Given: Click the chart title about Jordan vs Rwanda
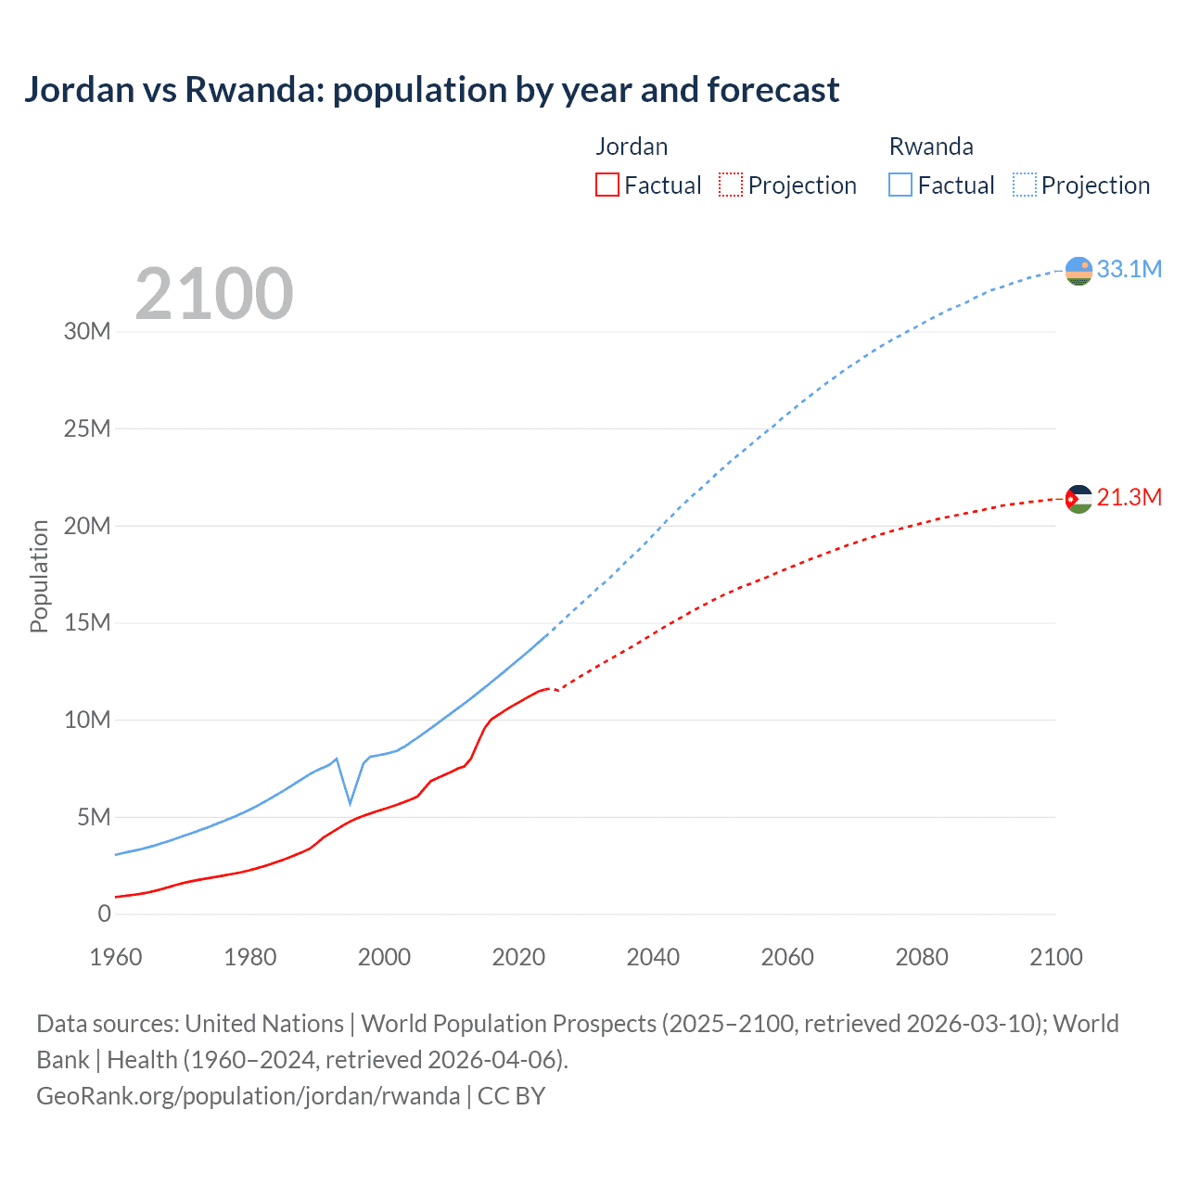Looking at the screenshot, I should click(x=431, y=90).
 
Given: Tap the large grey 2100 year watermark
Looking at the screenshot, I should click(x=214, y=294).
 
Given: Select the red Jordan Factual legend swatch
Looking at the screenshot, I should click(x=606, y=185).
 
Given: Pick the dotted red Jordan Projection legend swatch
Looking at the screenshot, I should click(x=731, y=185).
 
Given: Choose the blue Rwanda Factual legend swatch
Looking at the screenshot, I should click(x=900, y=185).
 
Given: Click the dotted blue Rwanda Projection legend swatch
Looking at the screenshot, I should click(x=1025, y=185).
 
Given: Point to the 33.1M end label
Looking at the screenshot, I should click(x=1129, y=269).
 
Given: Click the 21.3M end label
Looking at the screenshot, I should click(x=1129, y=498).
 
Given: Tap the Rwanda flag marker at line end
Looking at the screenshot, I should click(x=1079, y=271).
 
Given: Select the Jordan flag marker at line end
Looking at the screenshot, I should click(x=1079, y=499).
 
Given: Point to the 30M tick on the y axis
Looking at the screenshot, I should click(x=87, y=332).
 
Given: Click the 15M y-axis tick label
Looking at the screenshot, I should click(x=87, y=622).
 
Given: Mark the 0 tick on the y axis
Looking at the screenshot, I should click(x=104, y=914).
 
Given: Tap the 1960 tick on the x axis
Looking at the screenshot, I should click(x=116, y=957).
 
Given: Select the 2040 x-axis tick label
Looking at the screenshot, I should click(x=653, y=957).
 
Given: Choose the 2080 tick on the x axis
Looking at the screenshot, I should click(x=922, y=957).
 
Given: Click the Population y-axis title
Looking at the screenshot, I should click(x=39, y=576).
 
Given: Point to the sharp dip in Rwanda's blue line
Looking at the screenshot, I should click(x=350, y=801).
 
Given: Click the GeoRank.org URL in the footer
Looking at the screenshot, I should click(x=248, y=1096).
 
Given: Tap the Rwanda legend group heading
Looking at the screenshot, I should click(x=931, y=147).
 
